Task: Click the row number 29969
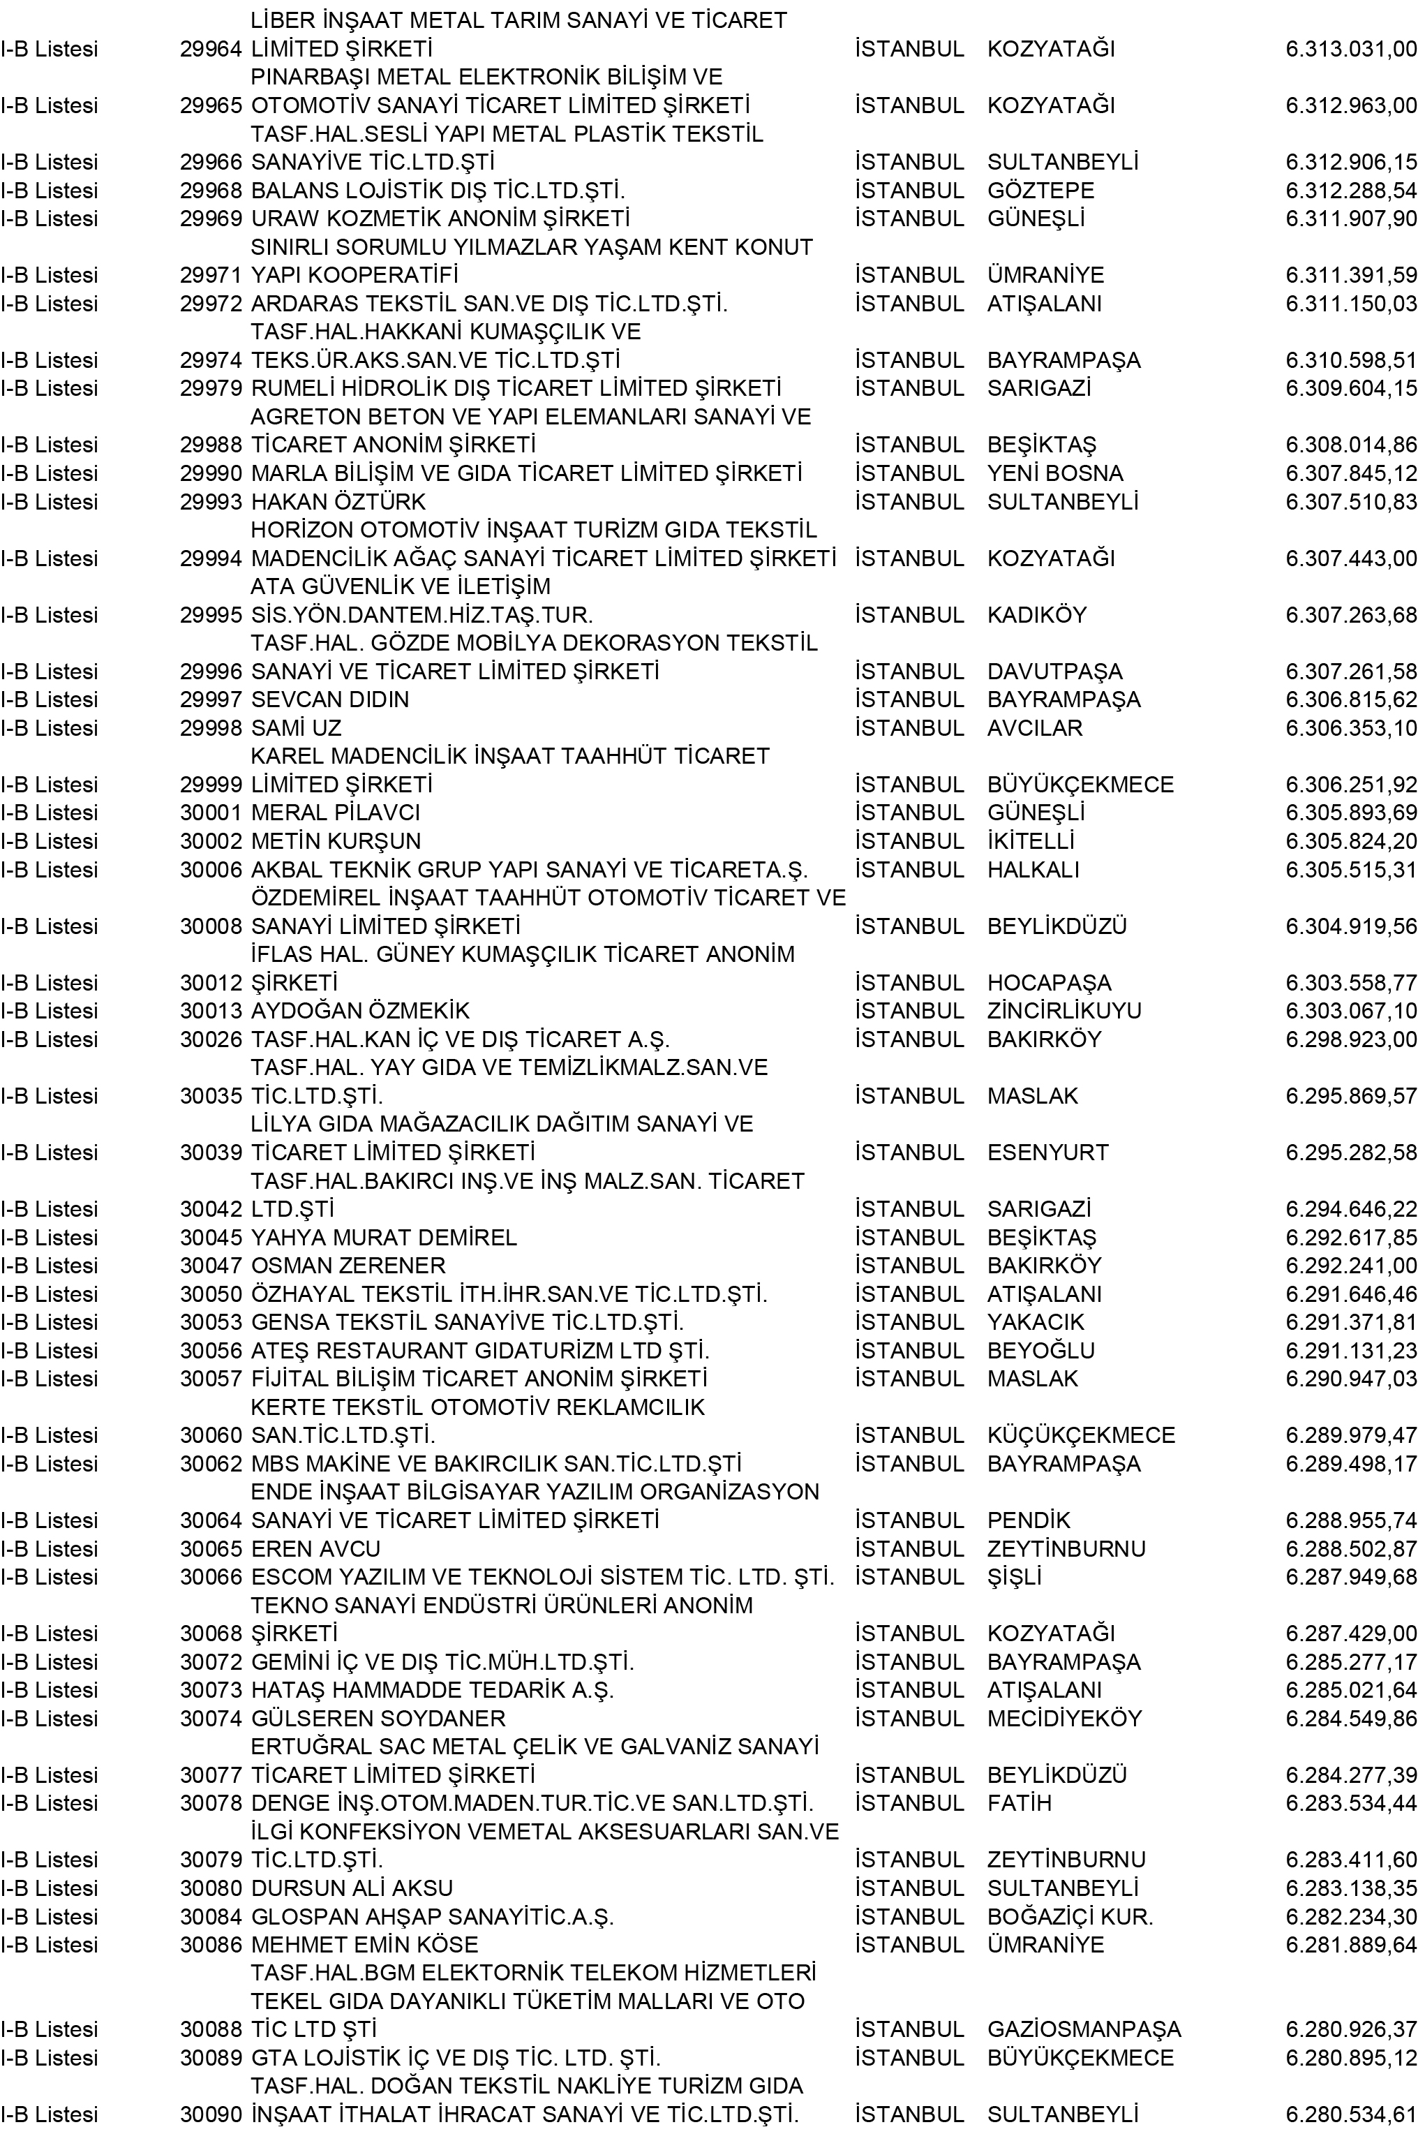point(211,219)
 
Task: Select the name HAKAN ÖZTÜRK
point(338,501)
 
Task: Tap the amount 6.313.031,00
point(1351,49)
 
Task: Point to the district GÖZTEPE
point(1041,191)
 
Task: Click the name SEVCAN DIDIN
point(330,699)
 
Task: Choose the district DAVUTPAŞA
point(1054,672)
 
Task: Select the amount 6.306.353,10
point(1351,728)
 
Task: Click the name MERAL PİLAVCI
point(336,813)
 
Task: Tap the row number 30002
point(211,841)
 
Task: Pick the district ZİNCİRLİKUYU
point(1064,1011)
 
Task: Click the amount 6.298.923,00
point(1351,1039)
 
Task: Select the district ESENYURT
point(1048,1153)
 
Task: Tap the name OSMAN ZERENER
point(348,1266)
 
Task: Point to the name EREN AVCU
point(315,1549)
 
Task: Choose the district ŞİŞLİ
point(1015,1577)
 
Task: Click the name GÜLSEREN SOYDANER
point(378,1718)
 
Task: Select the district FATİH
point(1019,1803)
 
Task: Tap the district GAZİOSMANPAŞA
point(1084,2029)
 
